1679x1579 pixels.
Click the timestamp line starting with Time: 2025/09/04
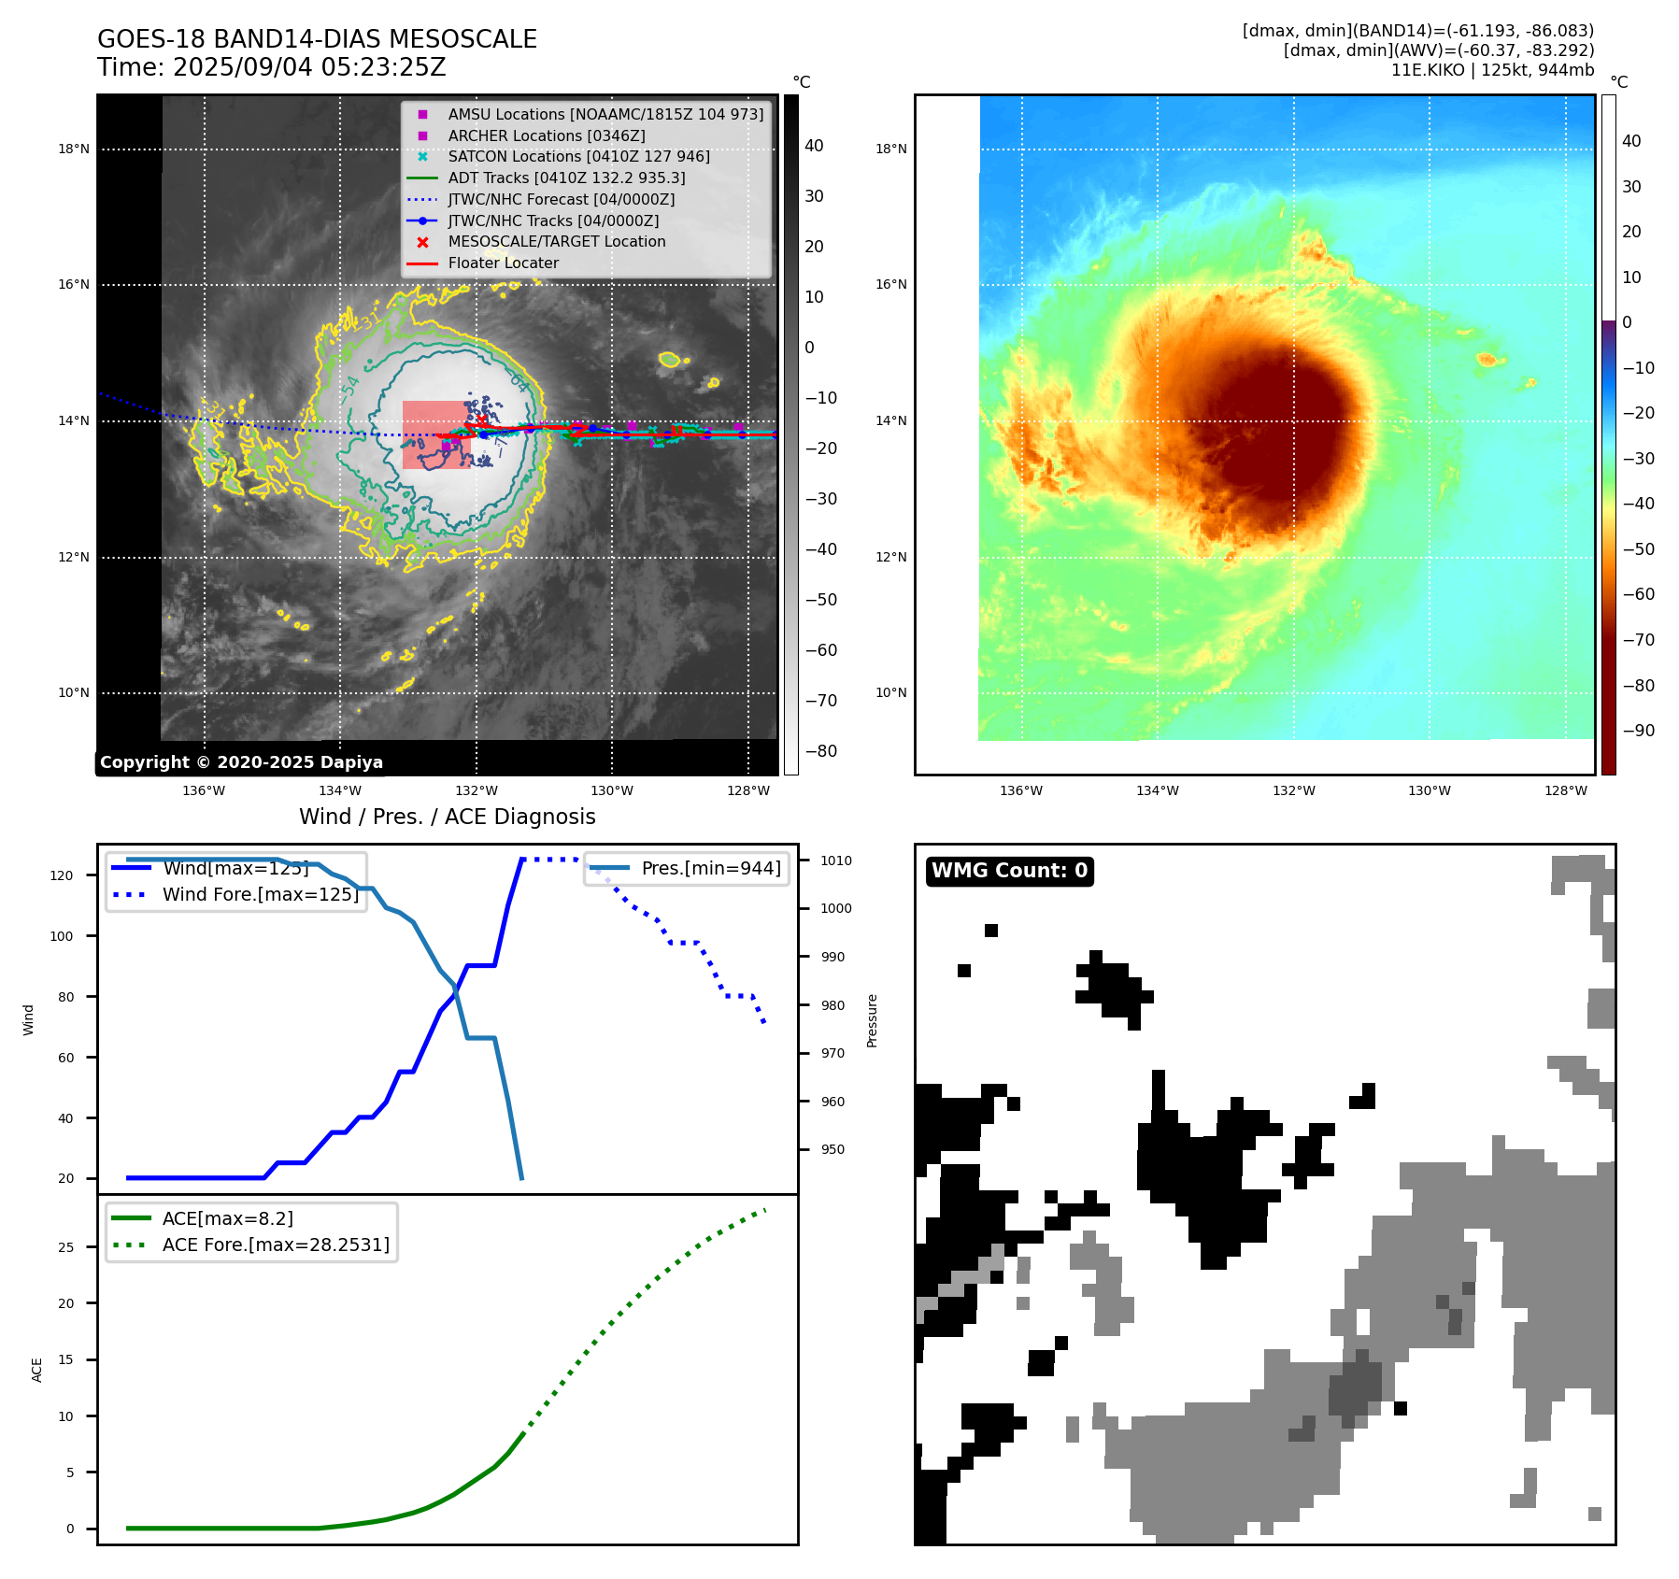[x=271, y=68]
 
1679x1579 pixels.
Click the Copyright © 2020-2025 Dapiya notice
[x=241, y=762]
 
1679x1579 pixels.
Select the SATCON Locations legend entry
[x=578, y=157]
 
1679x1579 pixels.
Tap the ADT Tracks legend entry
[x=566, y=178]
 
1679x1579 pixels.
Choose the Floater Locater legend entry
[x=503, y=263]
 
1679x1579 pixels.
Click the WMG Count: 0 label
[x=1009, y=871]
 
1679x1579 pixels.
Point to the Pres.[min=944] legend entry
[x=711, y=868]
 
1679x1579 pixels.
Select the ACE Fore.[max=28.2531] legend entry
[x=276, y=1245]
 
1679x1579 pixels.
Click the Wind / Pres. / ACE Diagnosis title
[x=447, y=817]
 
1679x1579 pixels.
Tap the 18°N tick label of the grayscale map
[x=74, y=149]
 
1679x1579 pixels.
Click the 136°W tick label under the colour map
[x=1020, y=791]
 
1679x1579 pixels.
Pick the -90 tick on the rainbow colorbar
[x=1639, y=731]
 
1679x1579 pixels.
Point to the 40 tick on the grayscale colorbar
[x=814, y=146]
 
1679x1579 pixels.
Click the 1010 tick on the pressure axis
[x=836, y=861]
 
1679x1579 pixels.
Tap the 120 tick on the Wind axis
[x=61, y=875]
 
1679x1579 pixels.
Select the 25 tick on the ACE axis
[x=65, y=1247]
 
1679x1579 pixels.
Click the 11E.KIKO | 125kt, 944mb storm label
[x=1492, y=70]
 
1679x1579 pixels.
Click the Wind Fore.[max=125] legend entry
[x=260, y=894]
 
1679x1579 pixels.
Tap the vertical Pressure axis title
[x=872, y=1020]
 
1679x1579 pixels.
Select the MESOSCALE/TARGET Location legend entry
[x=556, y=242]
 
